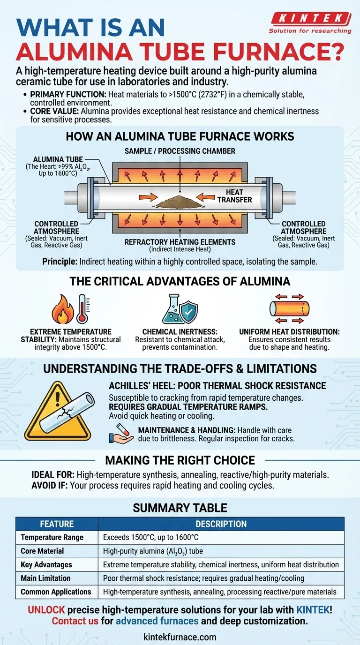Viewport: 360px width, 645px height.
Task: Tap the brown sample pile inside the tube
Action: pyautogui.click(x=180, y=202)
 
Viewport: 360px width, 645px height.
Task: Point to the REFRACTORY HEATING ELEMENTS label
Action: pyautogui.click(x=180, y=242)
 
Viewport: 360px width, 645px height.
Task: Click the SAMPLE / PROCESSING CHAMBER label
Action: pyautogui.click(x=180, y=150)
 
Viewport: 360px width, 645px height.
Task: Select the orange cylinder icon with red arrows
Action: pyautogui.click(x=290, y=308)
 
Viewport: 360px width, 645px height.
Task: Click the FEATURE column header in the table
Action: pyautogui.click(x=57, y=524)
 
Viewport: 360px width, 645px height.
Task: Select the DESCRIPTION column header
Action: pyautogui.click(x=221, y=524)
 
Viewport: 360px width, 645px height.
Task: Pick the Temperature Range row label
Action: pyautogui.click(x=52, y=538)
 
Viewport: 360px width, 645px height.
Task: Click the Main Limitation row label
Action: pyautogui.click(x=49, y=578)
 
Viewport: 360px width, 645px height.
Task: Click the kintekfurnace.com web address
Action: pyautogui.click(x=180, y=637)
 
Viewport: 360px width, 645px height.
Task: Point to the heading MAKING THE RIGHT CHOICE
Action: pyautogui.click(x=180, y=460)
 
